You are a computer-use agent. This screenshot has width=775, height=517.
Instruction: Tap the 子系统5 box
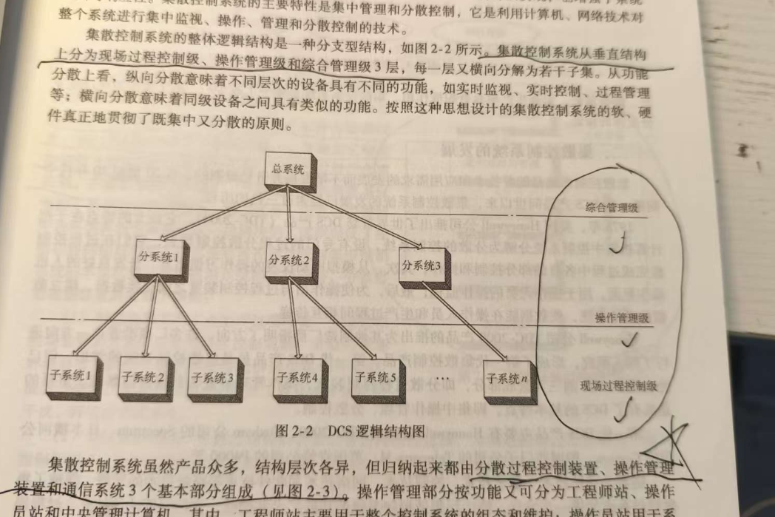tap(373, 378)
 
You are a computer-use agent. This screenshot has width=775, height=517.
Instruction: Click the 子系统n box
tap(507, 379)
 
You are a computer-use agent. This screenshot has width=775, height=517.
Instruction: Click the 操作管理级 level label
tap(620, 317)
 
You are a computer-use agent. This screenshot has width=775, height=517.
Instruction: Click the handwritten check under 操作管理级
tap(630, 342)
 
